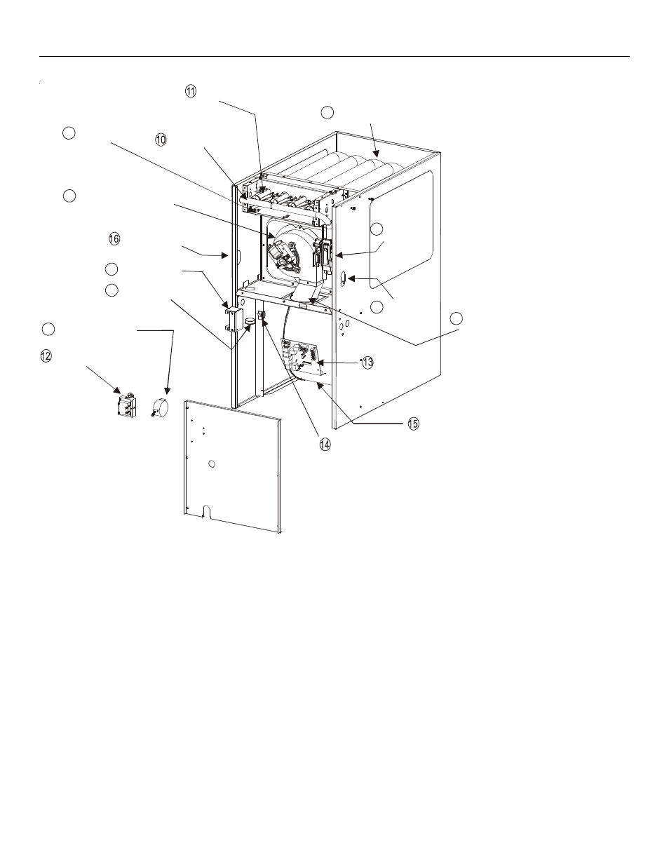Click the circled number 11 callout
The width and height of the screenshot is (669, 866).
tap(191, 91)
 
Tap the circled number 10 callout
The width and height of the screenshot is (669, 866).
tap(161, 140)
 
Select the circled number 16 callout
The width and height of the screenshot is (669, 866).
tap(114, 239)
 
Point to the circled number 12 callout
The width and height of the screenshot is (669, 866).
tap(46, 356)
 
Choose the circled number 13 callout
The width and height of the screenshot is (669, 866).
tap(367, 363)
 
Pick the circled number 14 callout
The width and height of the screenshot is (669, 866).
tap(325, 445)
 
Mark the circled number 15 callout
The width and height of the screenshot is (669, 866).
tap(413, 424)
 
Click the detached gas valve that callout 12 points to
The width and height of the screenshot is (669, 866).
tap(127, 405)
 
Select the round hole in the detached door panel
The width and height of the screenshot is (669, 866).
tap(212, 464)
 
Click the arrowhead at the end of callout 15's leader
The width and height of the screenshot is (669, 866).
tap(320, 386)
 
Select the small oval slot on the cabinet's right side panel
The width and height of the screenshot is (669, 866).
tap(343, 278)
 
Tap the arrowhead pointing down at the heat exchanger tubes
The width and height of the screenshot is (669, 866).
tap(376, 152)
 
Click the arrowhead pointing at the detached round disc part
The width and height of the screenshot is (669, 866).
tap(167, 390)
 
